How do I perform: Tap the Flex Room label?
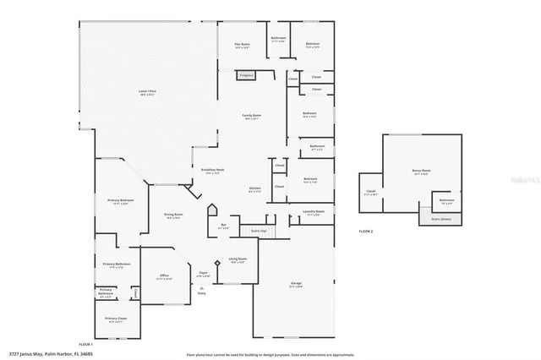click(x=242, y=45)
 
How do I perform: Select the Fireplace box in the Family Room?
click(x=246, y=75)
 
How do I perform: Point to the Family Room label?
click(x=252, y=116)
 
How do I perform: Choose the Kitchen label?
click(x=254, y=188)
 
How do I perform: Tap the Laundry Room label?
click(x=314, y=212)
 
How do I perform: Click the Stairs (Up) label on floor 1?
click(x=259, y=230)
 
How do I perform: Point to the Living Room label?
click(x=238, y=259)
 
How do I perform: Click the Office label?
click(x=165, y=276)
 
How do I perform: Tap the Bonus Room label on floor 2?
click(x=421, y=172)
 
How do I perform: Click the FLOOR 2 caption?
click(x=365, y=231)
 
